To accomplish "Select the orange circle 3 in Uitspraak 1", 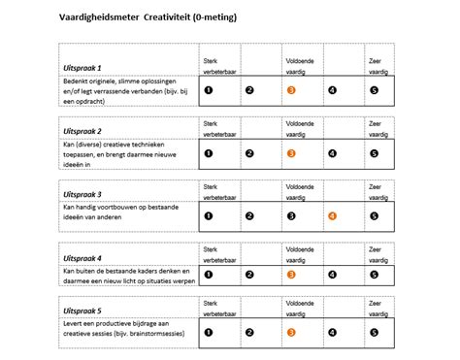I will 291,90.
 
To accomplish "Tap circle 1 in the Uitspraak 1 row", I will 208,90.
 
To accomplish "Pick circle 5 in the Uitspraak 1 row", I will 375,90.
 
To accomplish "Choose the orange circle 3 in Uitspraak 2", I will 291,152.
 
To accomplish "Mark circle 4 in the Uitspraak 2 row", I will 333,152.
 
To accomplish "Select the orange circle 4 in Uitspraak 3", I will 333,215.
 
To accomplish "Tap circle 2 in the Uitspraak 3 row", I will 249,215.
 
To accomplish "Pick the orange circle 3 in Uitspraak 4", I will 291,275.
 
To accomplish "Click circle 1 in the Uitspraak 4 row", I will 208,275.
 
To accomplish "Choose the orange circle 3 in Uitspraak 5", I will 291,332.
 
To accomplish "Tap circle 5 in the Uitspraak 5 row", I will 375,332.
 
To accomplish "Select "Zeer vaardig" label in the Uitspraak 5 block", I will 378,309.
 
